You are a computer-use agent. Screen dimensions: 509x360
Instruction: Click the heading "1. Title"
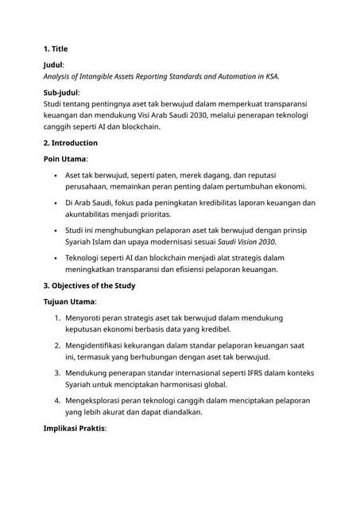(59, 49)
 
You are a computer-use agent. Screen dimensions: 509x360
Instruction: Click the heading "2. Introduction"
(70, 143)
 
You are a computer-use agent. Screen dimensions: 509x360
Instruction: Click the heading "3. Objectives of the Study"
(88, 286)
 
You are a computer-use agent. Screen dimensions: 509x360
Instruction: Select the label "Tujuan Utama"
(68, 301)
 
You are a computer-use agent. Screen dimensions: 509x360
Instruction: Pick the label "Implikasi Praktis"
(74, 428)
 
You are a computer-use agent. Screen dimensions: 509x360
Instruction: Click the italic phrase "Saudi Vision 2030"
(247, 241)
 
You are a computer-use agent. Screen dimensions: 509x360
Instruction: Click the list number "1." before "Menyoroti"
(57, 317)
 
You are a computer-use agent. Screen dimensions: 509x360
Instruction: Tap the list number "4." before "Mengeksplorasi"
(57, 400)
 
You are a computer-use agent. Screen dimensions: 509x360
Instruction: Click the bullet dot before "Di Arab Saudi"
(54, 203)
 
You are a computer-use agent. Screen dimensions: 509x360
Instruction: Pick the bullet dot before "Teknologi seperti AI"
(54, 258)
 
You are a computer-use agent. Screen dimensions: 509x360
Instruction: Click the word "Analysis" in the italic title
(61, 76)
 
